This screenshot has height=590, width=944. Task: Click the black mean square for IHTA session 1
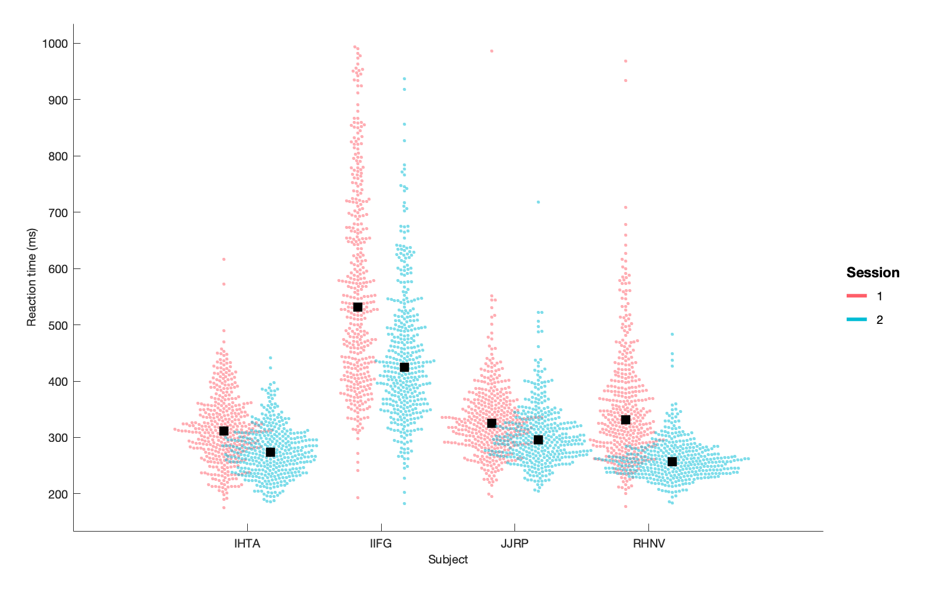click(224, 431)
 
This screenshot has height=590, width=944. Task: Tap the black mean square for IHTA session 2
click(270, 452)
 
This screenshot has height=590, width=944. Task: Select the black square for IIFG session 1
click(358, 307)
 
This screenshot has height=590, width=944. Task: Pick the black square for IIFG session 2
click(404, 367)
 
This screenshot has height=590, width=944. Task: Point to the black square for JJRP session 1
click(491, 423)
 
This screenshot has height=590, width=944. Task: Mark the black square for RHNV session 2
click(672, 461)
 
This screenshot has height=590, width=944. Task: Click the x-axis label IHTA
click(247, 543)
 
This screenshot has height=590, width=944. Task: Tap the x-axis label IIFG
click(381, 543)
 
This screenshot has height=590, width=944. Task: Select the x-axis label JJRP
click(514, 543)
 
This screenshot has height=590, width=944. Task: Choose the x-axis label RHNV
click(648, 543)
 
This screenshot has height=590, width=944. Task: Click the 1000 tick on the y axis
click(54, 44)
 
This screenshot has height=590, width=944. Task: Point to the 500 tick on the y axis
click(57, 325)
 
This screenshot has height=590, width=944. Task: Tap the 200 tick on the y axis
click(57, 494)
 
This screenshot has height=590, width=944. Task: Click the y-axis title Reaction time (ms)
click(32, 277)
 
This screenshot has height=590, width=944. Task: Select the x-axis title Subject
click(448, 559)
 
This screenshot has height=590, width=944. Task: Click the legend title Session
click(873, 273)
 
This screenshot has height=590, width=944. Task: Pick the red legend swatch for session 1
click(857, 296)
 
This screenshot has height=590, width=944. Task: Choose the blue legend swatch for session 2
click(857, 319)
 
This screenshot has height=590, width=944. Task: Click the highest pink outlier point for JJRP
click(491, 51)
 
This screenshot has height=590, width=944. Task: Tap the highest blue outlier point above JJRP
click(538, 202)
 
